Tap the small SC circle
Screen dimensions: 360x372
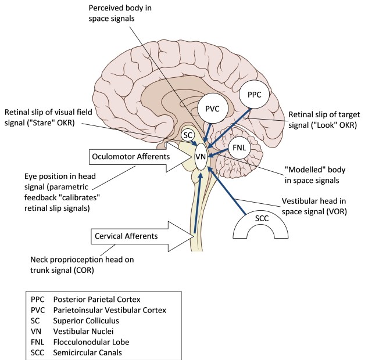pos(188,135)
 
